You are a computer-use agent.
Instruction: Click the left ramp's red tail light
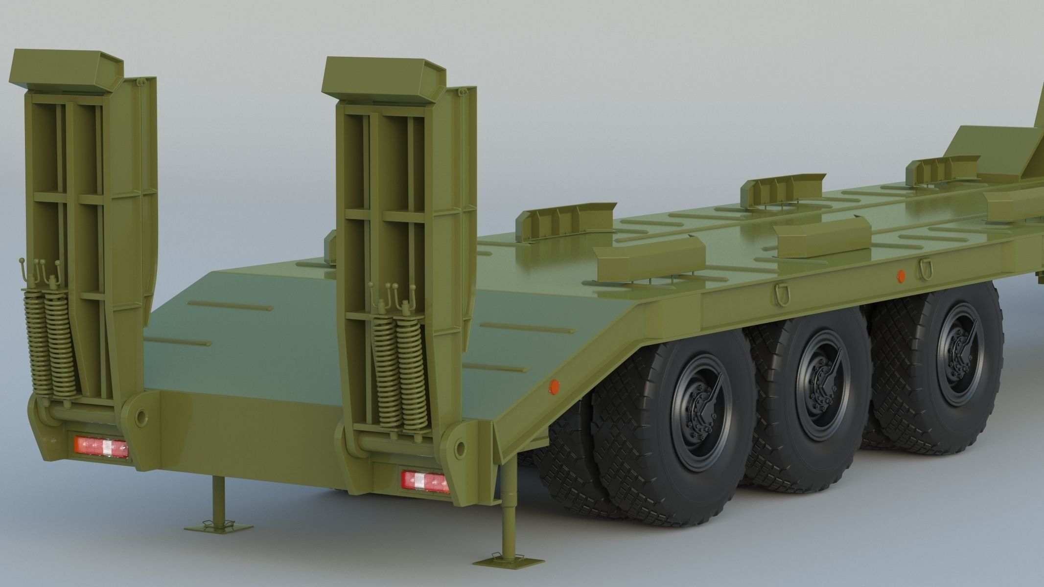coord(101,447)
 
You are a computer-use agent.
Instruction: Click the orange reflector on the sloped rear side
coord(554,387)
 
